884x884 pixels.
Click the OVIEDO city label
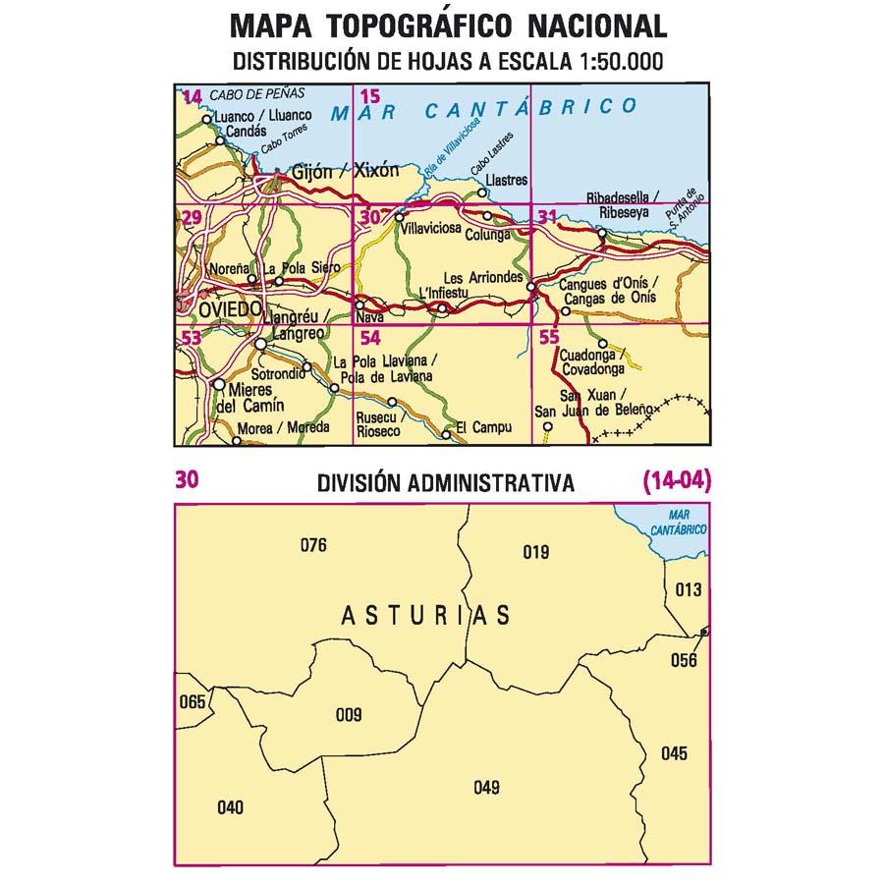click(x=229, y=308)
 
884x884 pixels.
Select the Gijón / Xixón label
click(x=347, y=170)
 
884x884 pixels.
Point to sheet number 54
click(x=370, y=338)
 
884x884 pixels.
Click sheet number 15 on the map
click(x=369, y=96)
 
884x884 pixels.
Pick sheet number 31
click(x=547, y=217)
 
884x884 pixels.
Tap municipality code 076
click(x=312, y=546)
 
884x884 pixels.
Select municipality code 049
click(x=486, y=786)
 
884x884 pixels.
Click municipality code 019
click(x=535, y=552)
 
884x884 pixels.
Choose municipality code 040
click(x=229, y=808)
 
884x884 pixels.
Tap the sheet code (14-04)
click(x=676, y=481)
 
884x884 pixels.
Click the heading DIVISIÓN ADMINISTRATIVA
click(x=445, y=483)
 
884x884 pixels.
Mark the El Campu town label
click(x=480, y=428)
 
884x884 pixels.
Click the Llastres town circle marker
click(x=482, y=193)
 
